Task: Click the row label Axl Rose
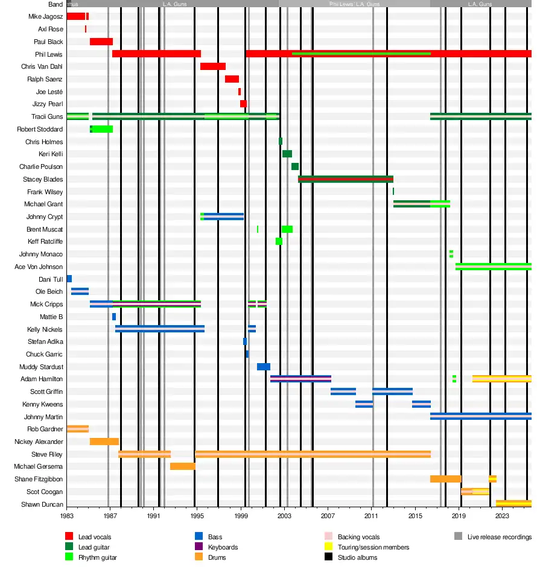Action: click(51, 29)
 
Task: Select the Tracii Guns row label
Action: click(47, 116)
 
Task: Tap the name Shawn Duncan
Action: click(42, 504)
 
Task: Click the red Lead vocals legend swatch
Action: click(69, 537)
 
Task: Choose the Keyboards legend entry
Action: click(223, 547)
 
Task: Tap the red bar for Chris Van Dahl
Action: click(213, 66)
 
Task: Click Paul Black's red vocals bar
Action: click(101, 42)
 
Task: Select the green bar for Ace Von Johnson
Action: click(493, 267)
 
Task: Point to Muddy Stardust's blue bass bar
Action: click(264, 367)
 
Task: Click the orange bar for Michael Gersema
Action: click(183, 466)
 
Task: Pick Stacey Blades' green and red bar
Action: click(346, 179)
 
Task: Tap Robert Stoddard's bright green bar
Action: click(103, 129)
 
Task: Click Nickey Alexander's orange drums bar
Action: click(104, 442)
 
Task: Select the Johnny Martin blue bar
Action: click(480, 416)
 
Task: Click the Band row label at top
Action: click(56, 4)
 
